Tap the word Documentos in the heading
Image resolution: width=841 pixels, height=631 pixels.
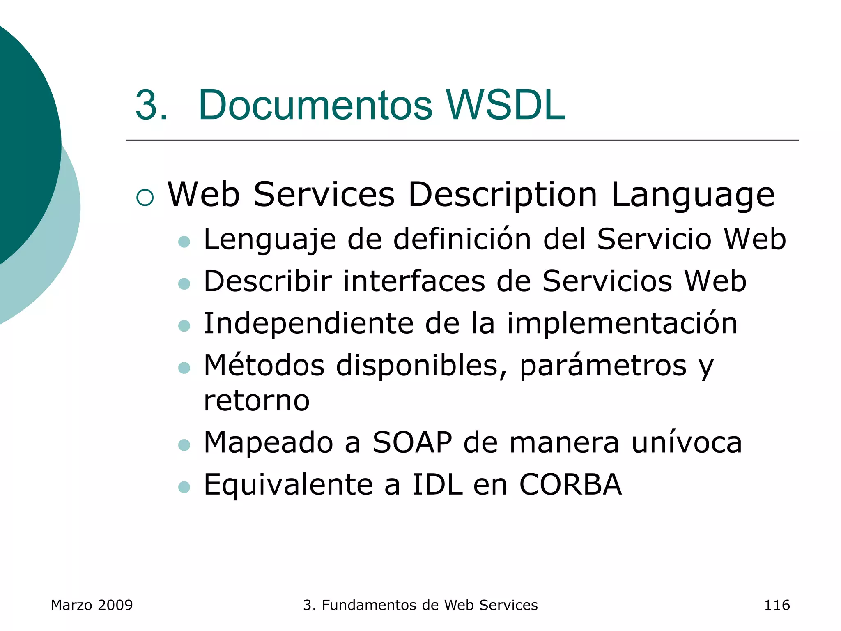pos(315,105)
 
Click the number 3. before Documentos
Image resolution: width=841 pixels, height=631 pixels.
pos(151,105)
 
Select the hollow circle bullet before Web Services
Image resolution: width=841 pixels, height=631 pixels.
pos(145,198)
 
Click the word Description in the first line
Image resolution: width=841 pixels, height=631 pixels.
pos(502,195)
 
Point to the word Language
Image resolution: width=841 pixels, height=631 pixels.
pos(693,195)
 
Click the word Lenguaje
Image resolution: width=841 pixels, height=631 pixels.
pos(269,240)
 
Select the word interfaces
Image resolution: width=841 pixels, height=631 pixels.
pos(414,281)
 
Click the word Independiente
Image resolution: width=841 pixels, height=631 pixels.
pos(308,324)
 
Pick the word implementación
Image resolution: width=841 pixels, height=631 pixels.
pos(622,324)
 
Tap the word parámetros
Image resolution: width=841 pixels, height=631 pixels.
pos(603,366)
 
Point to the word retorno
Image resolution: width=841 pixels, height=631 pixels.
pos(257,401)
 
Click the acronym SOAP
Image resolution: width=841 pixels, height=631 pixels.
pos(412,442)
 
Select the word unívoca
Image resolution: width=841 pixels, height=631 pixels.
pos(687,442)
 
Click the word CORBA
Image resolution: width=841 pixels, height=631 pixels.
pos(570,485)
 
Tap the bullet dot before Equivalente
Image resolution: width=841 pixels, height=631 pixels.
pos(184,487)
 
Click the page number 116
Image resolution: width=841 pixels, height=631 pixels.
pos(777,605)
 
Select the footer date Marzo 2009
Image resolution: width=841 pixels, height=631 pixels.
pos(92,605)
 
